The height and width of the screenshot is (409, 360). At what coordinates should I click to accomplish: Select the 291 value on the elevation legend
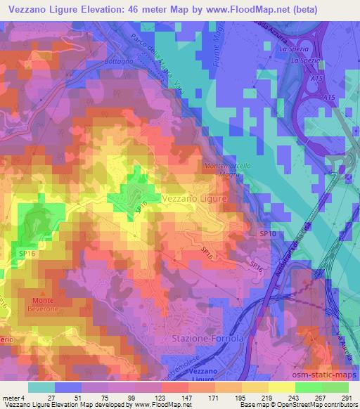pyautogui.click(x=346, y=398)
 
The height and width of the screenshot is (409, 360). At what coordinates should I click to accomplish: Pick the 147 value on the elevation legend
pyautogui.click(x=186, y=398)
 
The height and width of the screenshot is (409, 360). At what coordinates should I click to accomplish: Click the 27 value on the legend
pyautogui.click(x=52, y=398)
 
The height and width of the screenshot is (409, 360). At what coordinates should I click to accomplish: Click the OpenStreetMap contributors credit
pyautogui.click(x=323, y=405)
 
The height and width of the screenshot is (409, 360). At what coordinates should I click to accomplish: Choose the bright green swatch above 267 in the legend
pyautogui.click(x=308, y=387)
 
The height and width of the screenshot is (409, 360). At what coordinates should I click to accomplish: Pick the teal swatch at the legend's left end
pyautogui.click(x=41, y=387)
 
